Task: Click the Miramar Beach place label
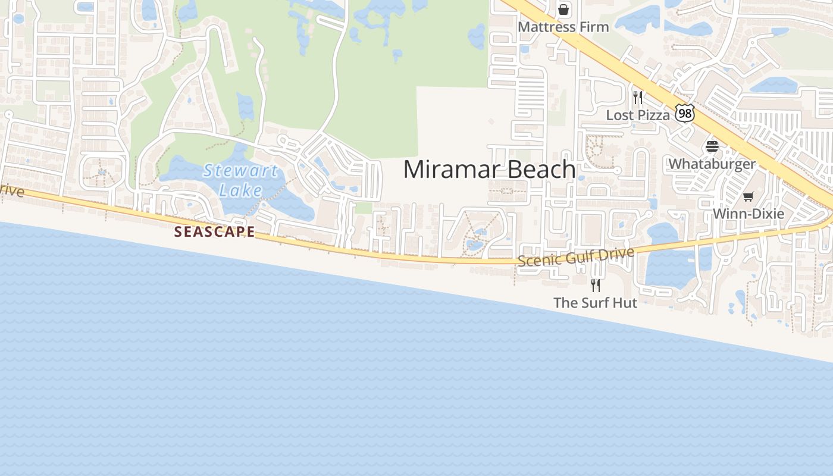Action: tap(489, 170)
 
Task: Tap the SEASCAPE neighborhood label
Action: tap(214, 232)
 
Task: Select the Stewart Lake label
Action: tap(240, 180)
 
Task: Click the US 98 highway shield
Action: tap(685, 113)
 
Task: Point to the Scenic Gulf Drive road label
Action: tap(576, 256)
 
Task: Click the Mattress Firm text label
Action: tap(563, 27)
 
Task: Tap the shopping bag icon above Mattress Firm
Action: tap(563, 10)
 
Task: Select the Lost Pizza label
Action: tap(638, 115)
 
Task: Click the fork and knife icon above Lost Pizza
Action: tap(638, 98)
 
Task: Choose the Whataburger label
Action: tap(712, 164)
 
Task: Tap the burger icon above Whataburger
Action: tap(712, 146)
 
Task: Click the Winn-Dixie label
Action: tap(748, 214)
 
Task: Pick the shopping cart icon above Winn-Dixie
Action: tap(748, 196)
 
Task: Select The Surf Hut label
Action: tap(595, 303)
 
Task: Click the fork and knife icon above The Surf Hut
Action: tap(595, 285)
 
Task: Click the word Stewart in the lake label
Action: tap(240, 171)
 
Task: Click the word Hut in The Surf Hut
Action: tap(625, 303)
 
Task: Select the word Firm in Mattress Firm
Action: tap(595, 27)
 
